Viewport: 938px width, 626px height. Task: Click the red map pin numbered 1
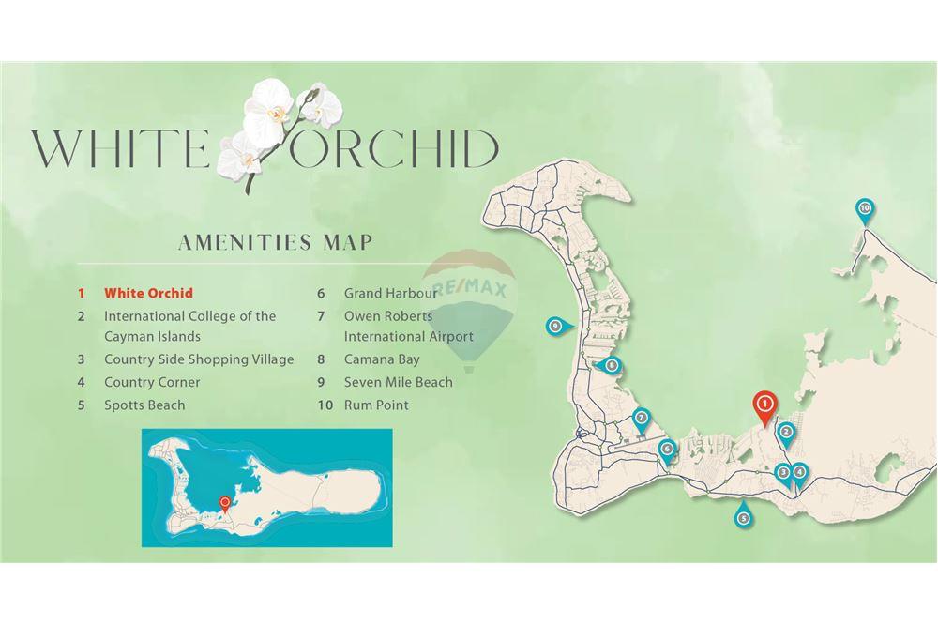click(x=764, y=405)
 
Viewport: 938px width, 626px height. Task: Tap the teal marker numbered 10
click(x=865, y=208)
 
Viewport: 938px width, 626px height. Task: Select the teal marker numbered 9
click(x=556, y=326)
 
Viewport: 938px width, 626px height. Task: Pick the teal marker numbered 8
click(x=611, y=365)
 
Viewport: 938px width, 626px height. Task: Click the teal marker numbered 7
click(x=642, y=418)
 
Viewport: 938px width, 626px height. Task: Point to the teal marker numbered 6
click(x=667, y=449)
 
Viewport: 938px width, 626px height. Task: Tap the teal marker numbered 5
click(x=743, y=517)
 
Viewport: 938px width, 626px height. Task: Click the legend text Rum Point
click(x=376, y=405)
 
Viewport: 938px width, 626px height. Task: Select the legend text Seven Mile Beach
click(x=398, y=382)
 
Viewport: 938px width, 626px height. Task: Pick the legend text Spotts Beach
click(x=144, y=405)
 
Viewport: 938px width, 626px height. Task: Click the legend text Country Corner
click(x=152, y=382)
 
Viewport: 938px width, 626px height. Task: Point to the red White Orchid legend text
click(x=148, y=293)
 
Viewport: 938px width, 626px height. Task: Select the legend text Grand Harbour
click(x=390, y=293)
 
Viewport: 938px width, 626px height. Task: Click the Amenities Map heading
click(x=275, y=242)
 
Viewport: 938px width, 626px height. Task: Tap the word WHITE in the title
click(x=119, y=148)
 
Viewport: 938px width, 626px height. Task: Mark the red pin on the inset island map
click(x=225, y=503)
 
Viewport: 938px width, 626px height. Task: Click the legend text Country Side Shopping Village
click(x=199, y=359)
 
